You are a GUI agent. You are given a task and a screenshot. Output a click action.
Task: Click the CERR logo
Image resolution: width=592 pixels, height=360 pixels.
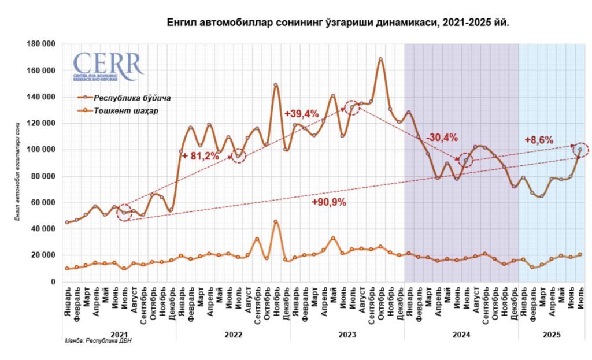pyautogui.click(x=108, y=65)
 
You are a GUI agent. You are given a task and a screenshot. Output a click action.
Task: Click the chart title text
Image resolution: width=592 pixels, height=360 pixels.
pyautogui.click(x=338, y=23)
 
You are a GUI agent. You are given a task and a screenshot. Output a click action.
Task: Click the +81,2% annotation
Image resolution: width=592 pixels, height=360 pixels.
pyautogui.click(x=201, y=155)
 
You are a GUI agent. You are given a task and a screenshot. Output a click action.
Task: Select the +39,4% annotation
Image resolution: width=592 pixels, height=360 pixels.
pyautogui.click(x=302, y=114)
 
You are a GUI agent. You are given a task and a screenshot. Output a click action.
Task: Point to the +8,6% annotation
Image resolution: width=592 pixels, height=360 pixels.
pyautogui.click(x=539, y=140)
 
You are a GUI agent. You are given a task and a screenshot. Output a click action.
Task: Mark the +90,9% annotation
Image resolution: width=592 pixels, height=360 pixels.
pyautogui.click(x=329, y=202)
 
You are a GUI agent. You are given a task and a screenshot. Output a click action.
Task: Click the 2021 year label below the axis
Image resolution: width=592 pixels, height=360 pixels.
pyautogui.click(x=119, y=335)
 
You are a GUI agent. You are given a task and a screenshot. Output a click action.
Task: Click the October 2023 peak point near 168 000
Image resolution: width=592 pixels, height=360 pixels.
pyautogui.click(x=380, y=59)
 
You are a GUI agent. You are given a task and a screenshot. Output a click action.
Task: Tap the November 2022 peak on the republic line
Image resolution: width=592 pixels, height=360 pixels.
pyautogui.click(x=276, y=85)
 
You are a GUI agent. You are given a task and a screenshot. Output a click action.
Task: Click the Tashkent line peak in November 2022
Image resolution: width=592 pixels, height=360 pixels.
pyautogui.click(x=276, y=222)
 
